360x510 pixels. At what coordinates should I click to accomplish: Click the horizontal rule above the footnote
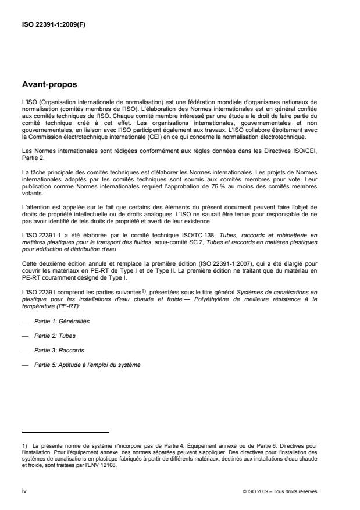coord(65,433)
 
